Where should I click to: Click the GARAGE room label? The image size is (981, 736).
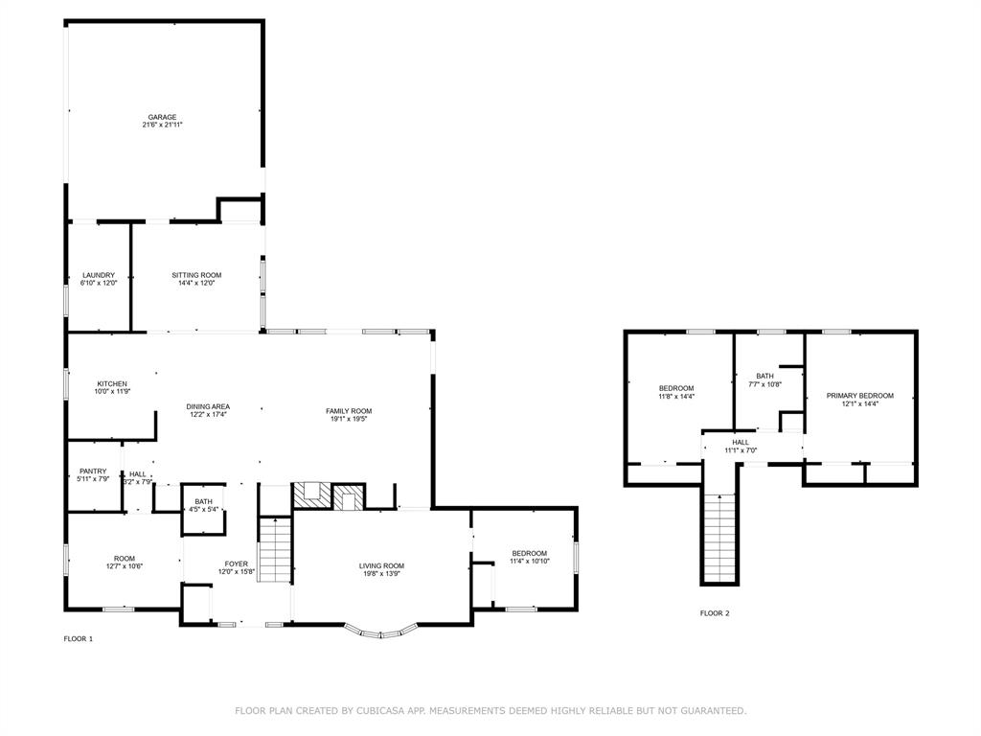(x=162, y=117)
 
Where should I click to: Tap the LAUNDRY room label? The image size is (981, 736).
(x=98, y=275)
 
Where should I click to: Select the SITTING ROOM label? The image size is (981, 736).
(x=196, y=275)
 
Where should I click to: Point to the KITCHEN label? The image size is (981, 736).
(x=111, y=383)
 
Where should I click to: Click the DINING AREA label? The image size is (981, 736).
(x=208, y=406)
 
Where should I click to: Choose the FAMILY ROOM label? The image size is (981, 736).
(x=349, y=410)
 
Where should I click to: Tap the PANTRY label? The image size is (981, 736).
(x=93, y=471)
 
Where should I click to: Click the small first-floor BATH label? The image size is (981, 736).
(x=203, y=501)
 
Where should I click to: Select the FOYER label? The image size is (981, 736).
(x=236, y=563)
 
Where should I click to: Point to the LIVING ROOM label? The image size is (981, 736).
(x=381, y=565)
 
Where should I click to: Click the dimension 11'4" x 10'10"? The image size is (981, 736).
(x=529, y=562)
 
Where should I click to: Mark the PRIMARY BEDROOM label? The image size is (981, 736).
(x=859, y=395)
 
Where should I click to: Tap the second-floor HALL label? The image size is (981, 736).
(x=741, y=442)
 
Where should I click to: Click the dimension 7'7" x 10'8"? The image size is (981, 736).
(x=764, y=384)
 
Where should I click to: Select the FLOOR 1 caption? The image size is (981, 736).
(x=79, y=638)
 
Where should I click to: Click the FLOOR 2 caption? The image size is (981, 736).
(x=715, y=612)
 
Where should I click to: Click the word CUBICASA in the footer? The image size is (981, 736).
(x=380, y=710)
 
